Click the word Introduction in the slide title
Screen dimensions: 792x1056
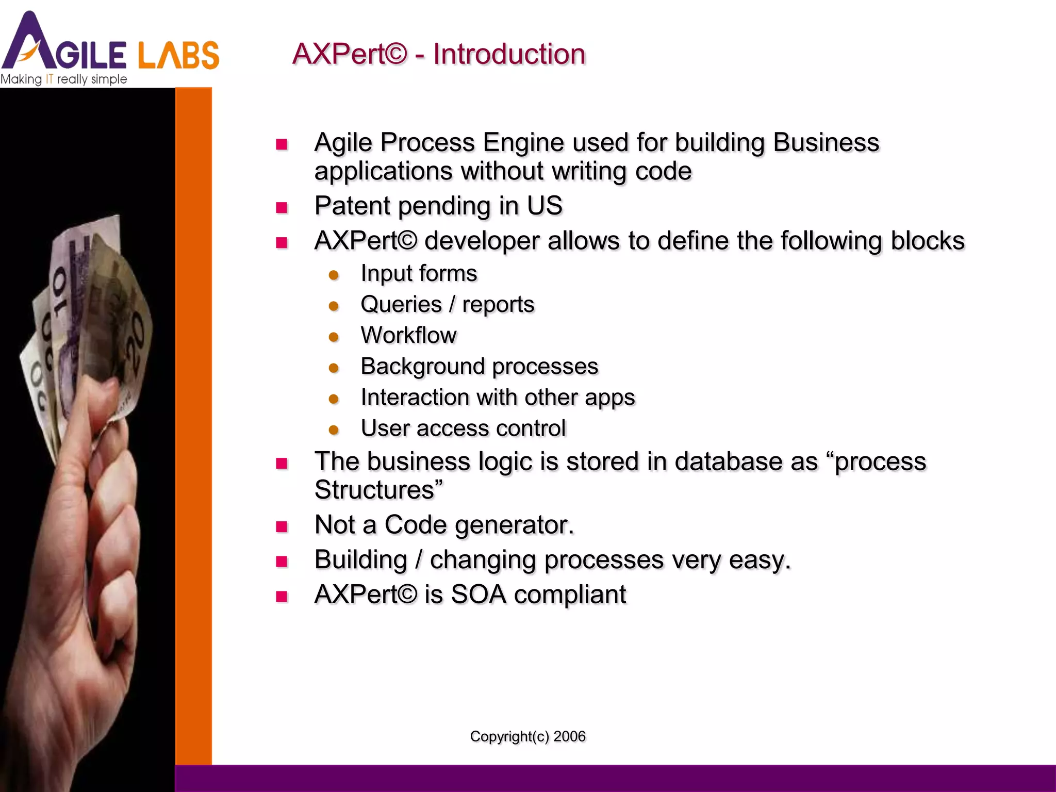coord(509,54)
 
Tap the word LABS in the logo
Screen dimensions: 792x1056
coord(178,55)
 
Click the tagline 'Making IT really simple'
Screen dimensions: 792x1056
coord(63,79)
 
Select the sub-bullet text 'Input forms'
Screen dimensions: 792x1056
coord(419,273)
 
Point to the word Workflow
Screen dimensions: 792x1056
coord(408,335)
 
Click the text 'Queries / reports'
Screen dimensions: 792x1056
coord(447,304)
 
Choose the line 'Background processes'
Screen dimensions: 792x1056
coord(479,366)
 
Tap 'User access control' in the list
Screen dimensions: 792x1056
coord(463,428)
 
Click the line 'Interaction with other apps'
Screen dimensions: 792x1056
coord(498,397)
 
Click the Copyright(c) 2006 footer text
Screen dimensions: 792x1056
coord(527,736)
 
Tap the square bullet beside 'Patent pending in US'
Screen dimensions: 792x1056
coord(282,208)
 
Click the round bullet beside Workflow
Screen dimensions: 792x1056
coord(334,337)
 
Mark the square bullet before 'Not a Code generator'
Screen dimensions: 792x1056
coord(282,526)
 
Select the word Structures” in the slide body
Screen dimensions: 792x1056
coord(378,490)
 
